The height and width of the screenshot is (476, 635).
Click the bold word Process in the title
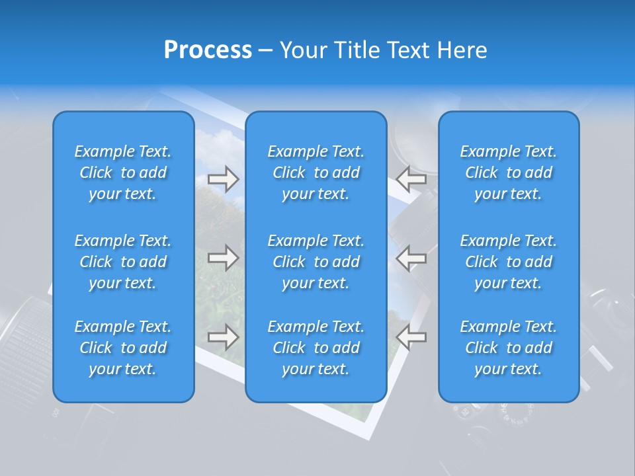click(x=208, y=50)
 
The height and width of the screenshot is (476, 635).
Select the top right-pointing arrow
click(x=223, y=178)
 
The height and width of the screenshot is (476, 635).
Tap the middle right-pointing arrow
click(x=223, y=257)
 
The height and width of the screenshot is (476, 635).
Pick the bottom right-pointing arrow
click(x=223, y=337)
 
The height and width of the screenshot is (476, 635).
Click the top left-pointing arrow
click(x=411, y=178)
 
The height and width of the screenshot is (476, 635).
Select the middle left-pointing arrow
click(x=411, y=257)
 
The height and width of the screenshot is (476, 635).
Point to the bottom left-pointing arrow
click(x=411, y=337)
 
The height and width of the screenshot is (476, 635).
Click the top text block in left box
click(x=123, y=173)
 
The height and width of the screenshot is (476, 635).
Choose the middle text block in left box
click(x=123, y=262)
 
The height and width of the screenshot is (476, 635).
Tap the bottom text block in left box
click(x=123, y=348)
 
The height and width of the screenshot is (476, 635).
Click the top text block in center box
click(x=316, y=173)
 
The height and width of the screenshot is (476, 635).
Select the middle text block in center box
click(x=316, y=262)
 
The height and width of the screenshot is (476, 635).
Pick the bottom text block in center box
click(x=316, y=348)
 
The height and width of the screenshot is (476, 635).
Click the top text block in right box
click(x=509, y=173)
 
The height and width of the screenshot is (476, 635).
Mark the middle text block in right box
click(x=509, y=262)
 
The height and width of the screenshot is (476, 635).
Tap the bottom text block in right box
click(x=509, y=348)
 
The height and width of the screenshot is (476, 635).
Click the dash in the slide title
click(x=265, y=51)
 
